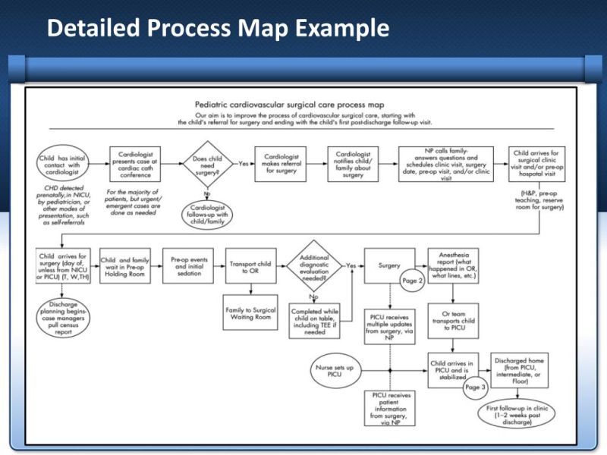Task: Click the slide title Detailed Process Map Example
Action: (x=218, y=28)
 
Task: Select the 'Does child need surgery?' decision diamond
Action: (x=207, y=164)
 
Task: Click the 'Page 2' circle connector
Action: (x=410, y=281)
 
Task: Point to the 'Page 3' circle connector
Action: (x=474, y=387)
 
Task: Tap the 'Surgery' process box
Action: (x=389, y=266)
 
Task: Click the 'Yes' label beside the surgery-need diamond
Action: (x=244, y=163)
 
